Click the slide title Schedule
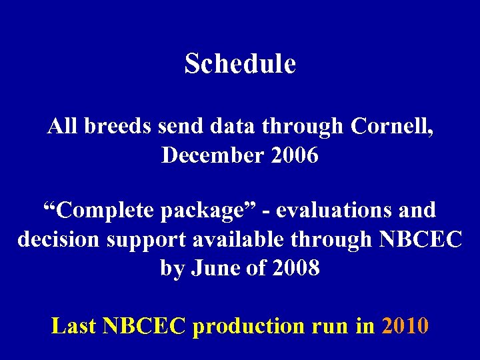click(240, 64)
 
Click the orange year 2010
click(405, 326)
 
